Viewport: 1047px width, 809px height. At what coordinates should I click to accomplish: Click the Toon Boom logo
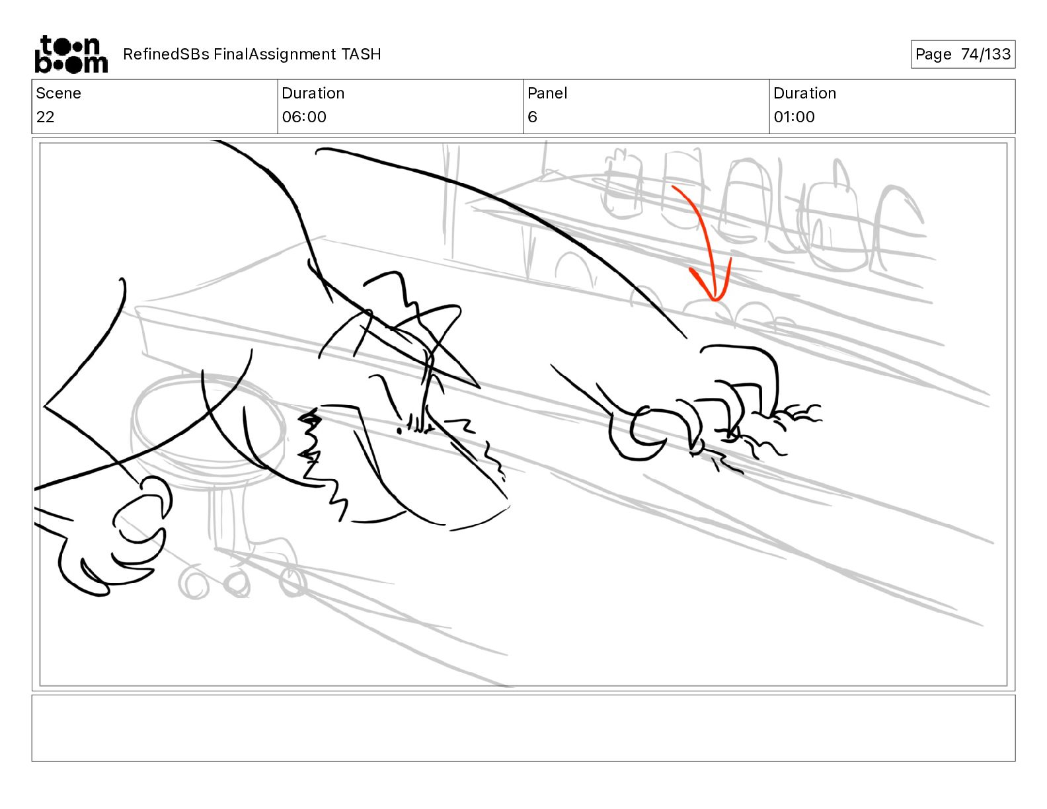71,54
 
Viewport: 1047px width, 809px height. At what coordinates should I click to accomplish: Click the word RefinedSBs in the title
166,54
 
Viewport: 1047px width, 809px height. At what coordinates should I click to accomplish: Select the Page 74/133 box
962,54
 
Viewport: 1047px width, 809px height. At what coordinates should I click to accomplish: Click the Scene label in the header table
58,93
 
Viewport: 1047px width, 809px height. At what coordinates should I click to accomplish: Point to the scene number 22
46,117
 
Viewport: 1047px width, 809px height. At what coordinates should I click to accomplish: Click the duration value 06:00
304,117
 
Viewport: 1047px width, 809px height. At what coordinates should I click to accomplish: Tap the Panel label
547,93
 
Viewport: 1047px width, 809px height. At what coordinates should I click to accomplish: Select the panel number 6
532,117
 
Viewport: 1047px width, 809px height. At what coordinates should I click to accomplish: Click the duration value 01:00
794,117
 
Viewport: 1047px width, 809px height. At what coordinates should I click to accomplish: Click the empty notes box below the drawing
523,728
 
